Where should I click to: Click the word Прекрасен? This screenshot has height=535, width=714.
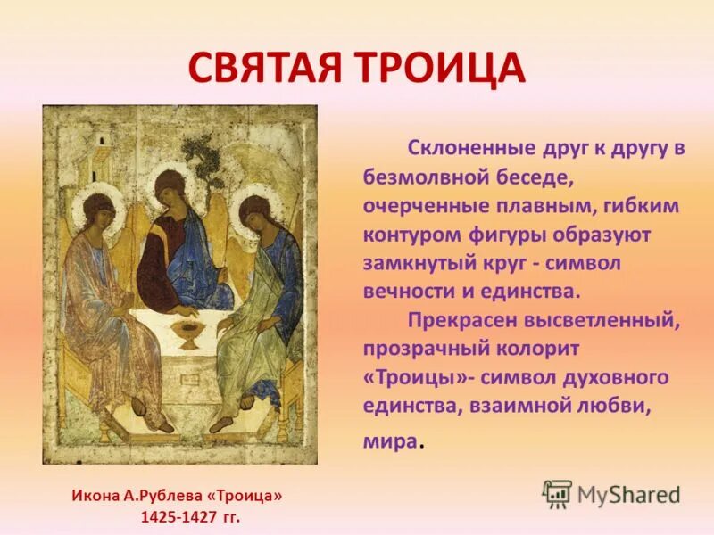[461, 319]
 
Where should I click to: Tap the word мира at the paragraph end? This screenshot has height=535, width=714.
[389, 440]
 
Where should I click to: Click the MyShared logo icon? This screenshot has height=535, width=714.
[557, 493]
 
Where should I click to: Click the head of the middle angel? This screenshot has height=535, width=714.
[170, 190]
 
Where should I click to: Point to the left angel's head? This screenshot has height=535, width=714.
[97, 214]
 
